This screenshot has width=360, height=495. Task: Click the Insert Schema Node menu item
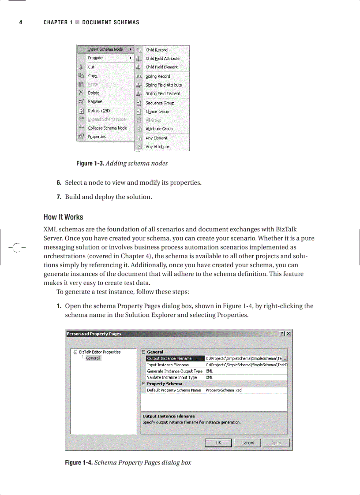[105, 49]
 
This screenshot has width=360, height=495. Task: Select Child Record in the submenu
[157, 50]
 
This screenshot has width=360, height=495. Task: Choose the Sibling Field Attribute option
[164, 85]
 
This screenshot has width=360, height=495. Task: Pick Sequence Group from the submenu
[160, 103]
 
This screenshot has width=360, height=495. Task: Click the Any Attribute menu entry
[157, 147]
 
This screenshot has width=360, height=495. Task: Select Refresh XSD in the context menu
[99, 111]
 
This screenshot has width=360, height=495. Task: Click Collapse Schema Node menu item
[107, 128]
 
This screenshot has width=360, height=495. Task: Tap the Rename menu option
[95, 101]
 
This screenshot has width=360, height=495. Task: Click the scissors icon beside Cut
[81, 67]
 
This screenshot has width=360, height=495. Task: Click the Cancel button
[247, 443]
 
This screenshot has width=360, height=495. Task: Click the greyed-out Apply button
[276, 443]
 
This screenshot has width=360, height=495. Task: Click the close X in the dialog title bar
[289, 334]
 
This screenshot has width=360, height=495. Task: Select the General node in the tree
[93, 358]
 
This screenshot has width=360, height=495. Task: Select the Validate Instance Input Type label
[172, 377]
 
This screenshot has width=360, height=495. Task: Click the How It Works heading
[63, 217]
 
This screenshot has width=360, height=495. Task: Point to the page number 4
[20, 22]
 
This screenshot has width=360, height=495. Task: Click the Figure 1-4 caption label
[79, 462]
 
